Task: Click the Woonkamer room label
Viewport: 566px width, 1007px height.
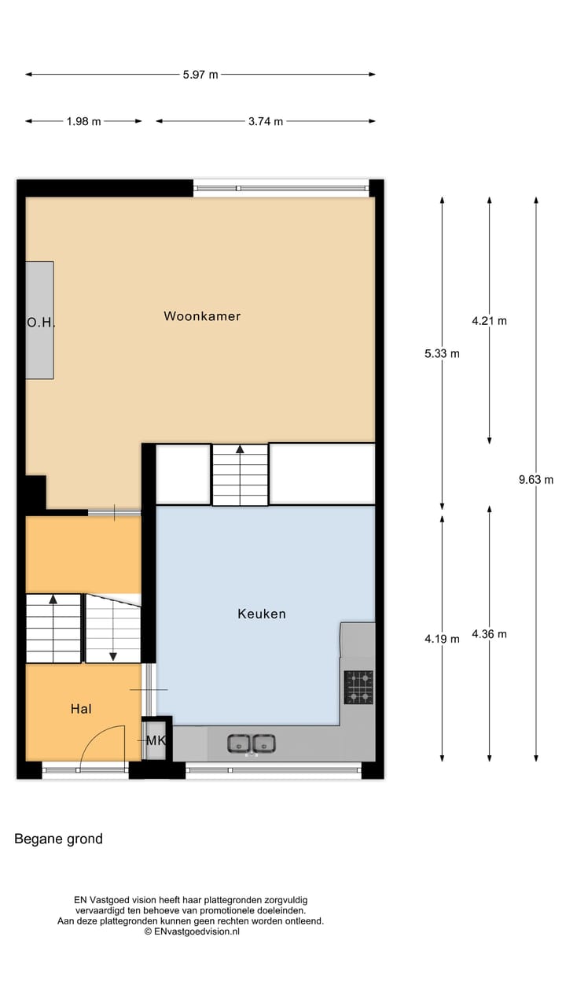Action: pyautogui.click(x=202, y=316)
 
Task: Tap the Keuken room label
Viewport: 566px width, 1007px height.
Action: pyautogui.click(x=262, y=614)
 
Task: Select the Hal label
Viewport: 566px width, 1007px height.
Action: pyautogui.click(x=81, y=709)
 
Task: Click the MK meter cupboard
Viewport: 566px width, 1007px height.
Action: pyautogui.click(x=156, y=740)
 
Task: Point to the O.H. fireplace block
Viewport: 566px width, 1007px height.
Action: pyautogui.click(x=39, y=320)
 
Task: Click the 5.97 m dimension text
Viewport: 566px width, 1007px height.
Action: pyautogui.click(x=200, y=75)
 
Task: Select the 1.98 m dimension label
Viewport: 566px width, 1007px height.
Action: pyautogui.click(x=83, y=121)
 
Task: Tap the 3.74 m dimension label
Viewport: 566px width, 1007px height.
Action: pyautogui.click(x=266, y=121)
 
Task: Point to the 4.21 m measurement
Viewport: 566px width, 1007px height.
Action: pyautogui.click(x=489, y=320)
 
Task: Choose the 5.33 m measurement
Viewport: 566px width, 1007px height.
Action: pyautogui.click(x=442, y=353)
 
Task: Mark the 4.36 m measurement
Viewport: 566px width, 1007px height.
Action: pyautogui.click(x=489, y=634)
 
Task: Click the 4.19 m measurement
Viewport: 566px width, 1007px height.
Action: pyautogui.click(x=442, y=639)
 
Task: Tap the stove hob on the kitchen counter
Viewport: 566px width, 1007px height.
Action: pyautogui.click(x=358, y=687)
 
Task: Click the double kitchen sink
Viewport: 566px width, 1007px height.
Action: pyautogui.click(x=252, y=743)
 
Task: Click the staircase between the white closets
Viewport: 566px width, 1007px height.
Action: pyautogui.click(x=240, y=475)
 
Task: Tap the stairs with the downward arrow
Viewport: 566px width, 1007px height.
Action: pyautogui.click(x=113, y=629)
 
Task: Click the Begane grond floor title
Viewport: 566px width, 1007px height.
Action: pyautogui.click(x=58, y=839)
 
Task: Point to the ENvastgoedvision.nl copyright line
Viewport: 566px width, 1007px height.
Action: pyautogui.click(x=191, y=931)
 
